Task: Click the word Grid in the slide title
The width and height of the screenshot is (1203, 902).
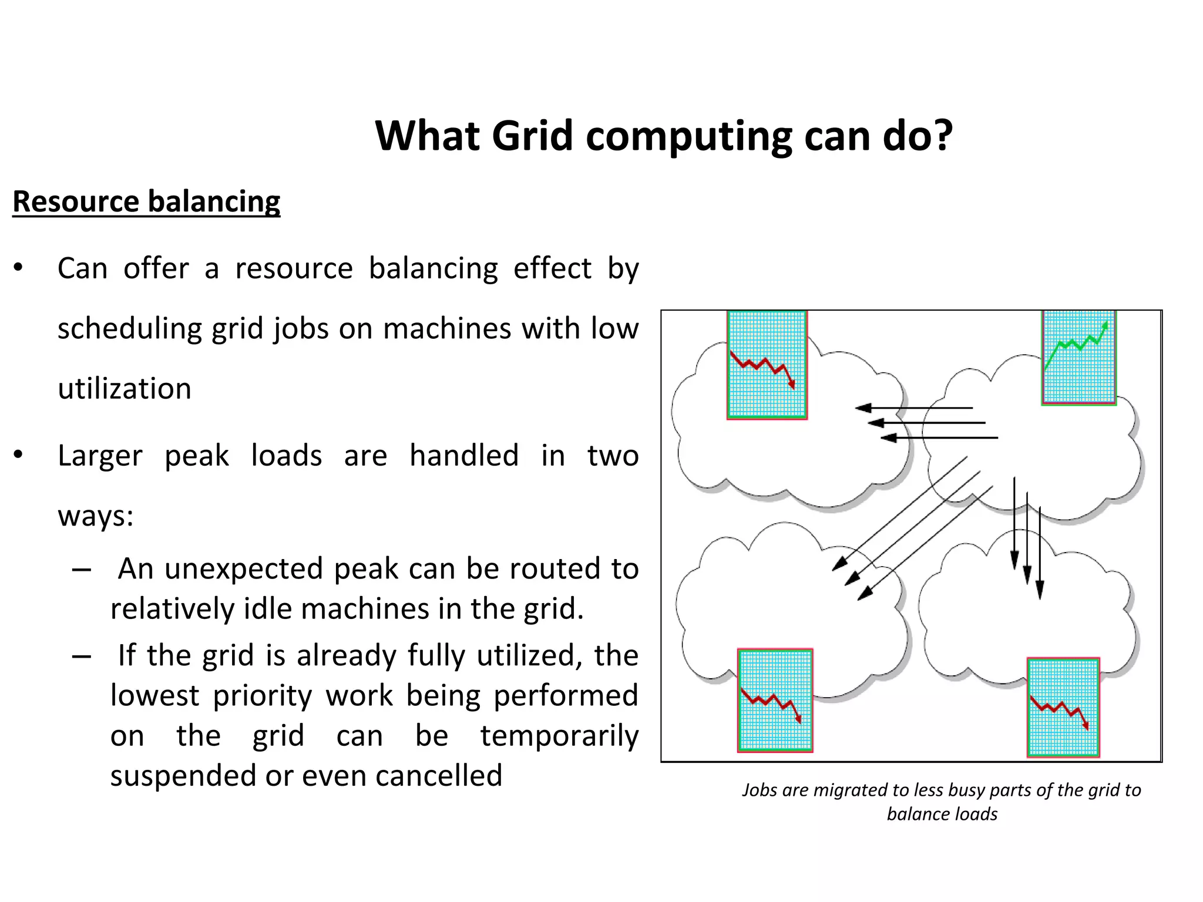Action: (532, 136)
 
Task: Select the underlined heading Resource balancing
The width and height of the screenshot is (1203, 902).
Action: (146, 201)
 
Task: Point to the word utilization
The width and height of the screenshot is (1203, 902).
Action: (125, 389)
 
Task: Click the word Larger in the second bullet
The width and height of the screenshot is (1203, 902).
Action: (100, 456)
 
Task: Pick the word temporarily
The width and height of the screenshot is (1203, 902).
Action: (559, 736)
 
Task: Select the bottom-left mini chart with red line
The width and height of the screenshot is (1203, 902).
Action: (775, 700)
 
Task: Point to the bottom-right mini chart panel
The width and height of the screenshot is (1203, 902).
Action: (1063, 707)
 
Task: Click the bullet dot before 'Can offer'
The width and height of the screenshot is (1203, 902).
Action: (18, 268)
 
